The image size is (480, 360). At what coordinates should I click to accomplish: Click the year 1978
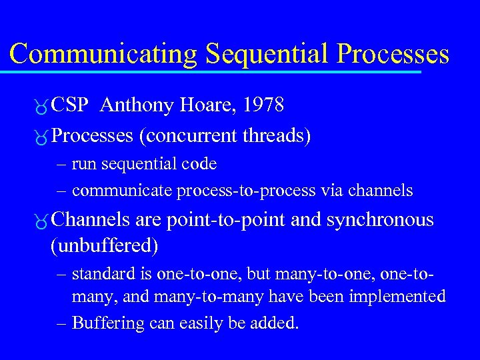point(263,105)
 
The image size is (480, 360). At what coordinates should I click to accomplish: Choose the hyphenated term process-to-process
point(246,191)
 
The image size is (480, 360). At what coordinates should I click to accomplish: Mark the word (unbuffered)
point(105,246)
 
